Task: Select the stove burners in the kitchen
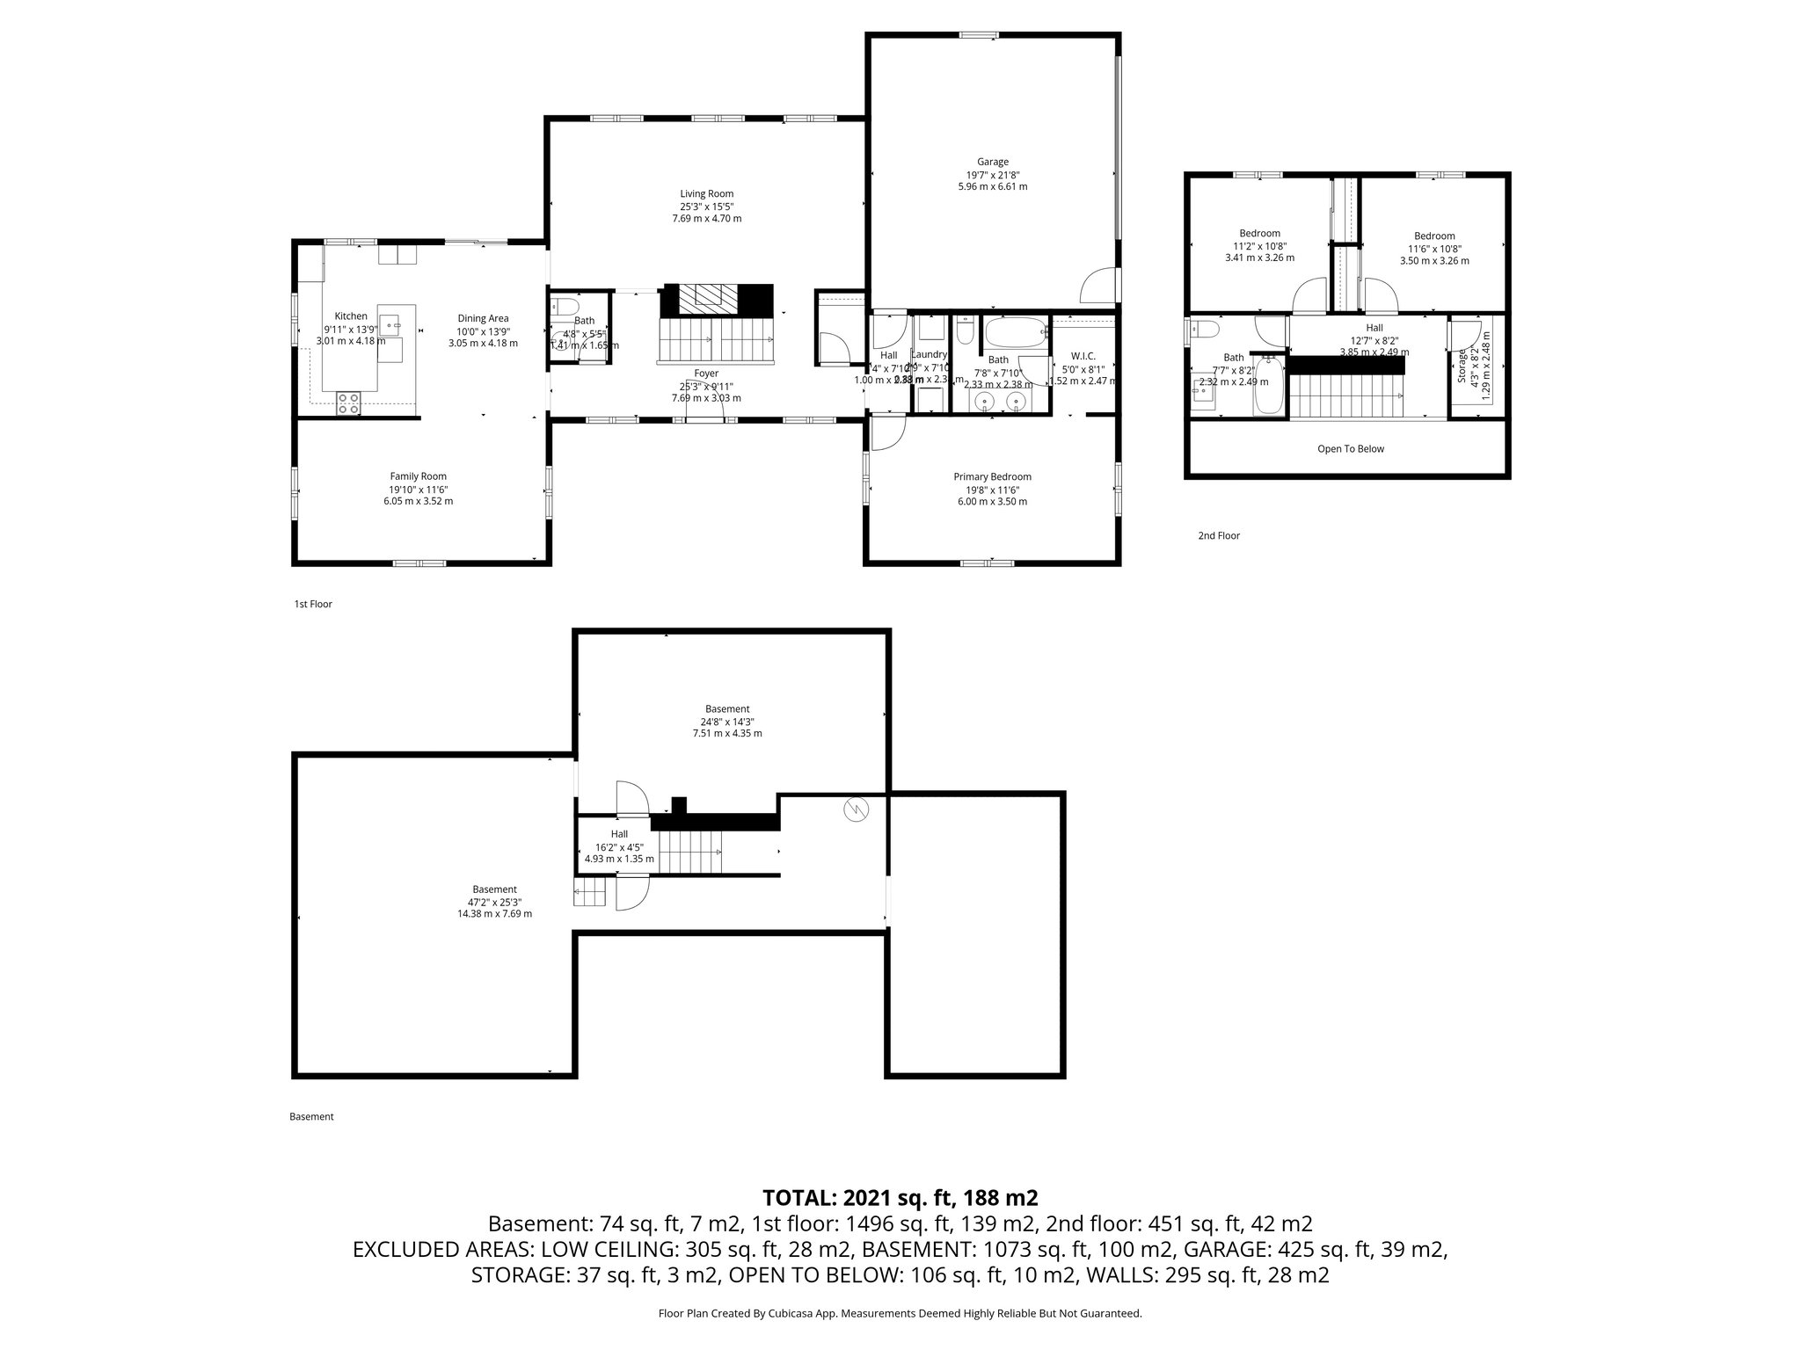(x=348, y=403)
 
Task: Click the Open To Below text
(x=1350, y=449)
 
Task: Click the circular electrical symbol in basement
(x=855, y=809)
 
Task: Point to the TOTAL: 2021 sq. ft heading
(x=900, y=1197)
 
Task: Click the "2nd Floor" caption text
(x=1218, y=535)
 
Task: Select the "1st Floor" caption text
(x=313, y=605)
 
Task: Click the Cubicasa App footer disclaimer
(x=900, y=1313)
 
